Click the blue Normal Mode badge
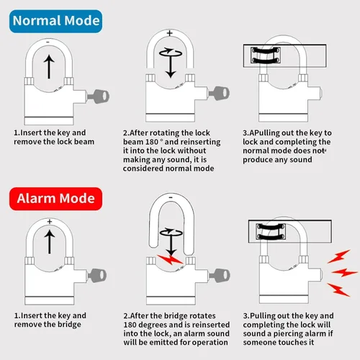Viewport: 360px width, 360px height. click(55, 21)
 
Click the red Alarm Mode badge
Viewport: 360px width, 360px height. click(55, 199)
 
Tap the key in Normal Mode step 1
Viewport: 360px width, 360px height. click(99, 96)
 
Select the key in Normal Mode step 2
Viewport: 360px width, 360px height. click(219, 93)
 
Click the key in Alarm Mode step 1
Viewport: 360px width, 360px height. click(97, 276)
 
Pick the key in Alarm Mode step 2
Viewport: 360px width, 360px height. click(220, 276)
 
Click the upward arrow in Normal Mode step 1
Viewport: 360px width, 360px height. click(49, 67)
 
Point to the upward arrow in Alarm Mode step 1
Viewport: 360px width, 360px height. click(50, 242)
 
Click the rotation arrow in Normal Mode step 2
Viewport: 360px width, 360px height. click(171, 53)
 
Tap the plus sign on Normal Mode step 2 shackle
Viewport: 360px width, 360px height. click(170, 33)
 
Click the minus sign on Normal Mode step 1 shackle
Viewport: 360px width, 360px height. click(48, 42)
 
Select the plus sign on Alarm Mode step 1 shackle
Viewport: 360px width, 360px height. click(50, 222)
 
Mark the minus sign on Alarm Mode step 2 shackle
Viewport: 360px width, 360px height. click(171, 197)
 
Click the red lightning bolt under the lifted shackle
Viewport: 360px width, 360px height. click(170, 260)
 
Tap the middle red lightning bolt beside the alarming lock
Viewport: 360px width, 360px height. click(344, 272)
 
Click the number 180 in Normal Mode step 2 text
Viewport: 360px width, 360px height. click(152, 142)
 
